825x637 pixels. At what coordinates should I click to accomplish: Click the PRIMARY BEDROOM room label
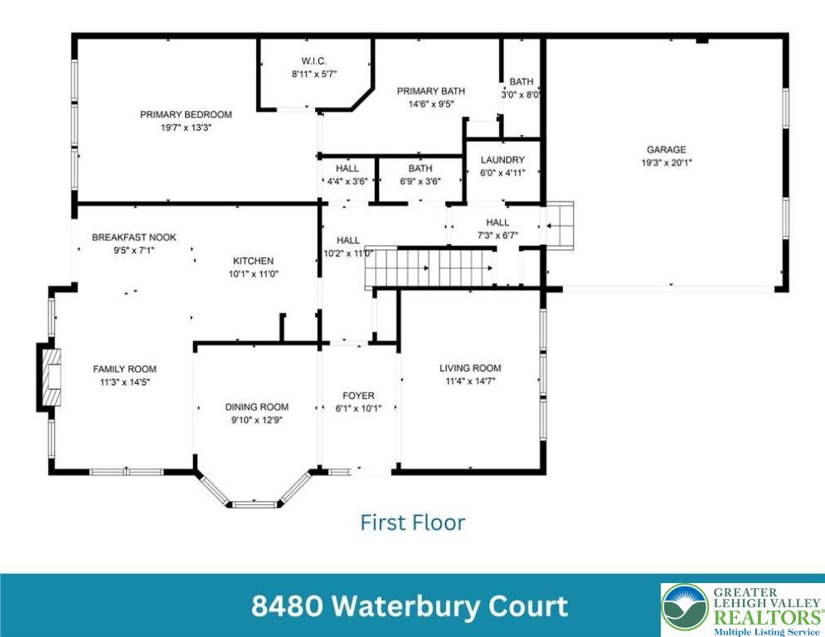(186, 114)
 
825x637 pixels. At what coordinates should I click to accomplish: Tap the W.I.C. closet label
(313, 61)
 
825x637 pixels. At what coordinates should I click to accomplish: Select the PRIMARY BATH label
(430, 91)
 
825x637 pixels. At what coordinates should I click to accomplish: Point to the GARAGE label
(666, 150)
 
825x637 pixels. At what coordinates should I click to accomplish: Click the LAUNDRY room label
(502, 160)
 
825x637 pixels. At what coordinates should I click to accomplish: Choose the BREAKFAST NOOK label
(133, 237)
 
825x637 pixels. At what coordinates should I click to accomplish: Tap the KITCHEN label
(253, 260)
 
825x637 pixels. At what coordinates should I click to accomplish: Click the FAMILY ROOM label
(124, 369)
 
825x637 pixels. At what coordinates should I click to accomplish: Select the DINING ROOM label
(257, 406)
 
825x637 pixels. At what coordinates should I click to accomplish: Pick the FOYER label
(359, 396)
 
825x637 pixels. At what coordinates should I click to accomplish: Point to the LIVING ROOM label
(470, 368)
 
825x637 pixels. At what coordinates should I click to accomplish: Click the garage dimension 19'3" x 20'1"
(666, 163)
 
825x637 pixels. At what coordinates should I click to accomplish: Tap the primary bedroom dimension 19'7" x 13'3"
(186, 128)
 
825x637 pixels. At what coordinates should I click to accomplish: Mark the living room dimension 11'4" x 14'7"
(470, 382)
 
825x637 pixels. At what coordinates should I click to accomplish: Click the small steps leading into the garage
(559, 225)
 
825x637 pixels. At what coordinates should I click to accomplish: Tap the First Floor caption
(412, 523)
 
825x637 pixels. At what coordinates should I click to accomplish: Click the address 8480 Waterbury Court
(410, 605)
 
